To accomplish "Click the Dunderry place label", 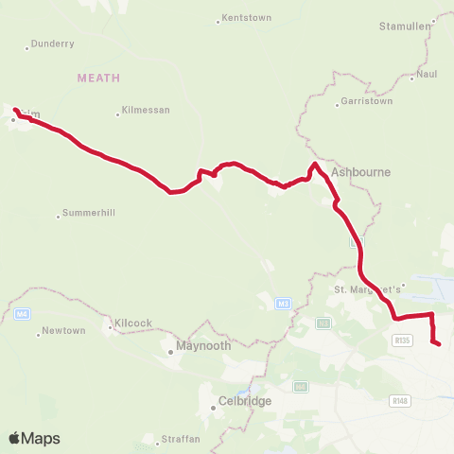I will click(52, 44).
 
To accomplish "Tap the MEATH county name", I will click(99, 78).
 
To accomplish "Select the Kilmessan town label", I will click(146, 111).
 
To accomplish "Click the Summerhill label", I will click(88, 213).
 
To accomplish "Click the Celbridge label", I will click(245, 401).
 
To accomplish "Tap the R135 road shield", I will click(403, 340).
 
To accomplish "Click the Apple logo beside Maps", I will click(15, 438).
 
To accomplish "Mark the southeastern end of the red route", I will click(439, 344).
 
